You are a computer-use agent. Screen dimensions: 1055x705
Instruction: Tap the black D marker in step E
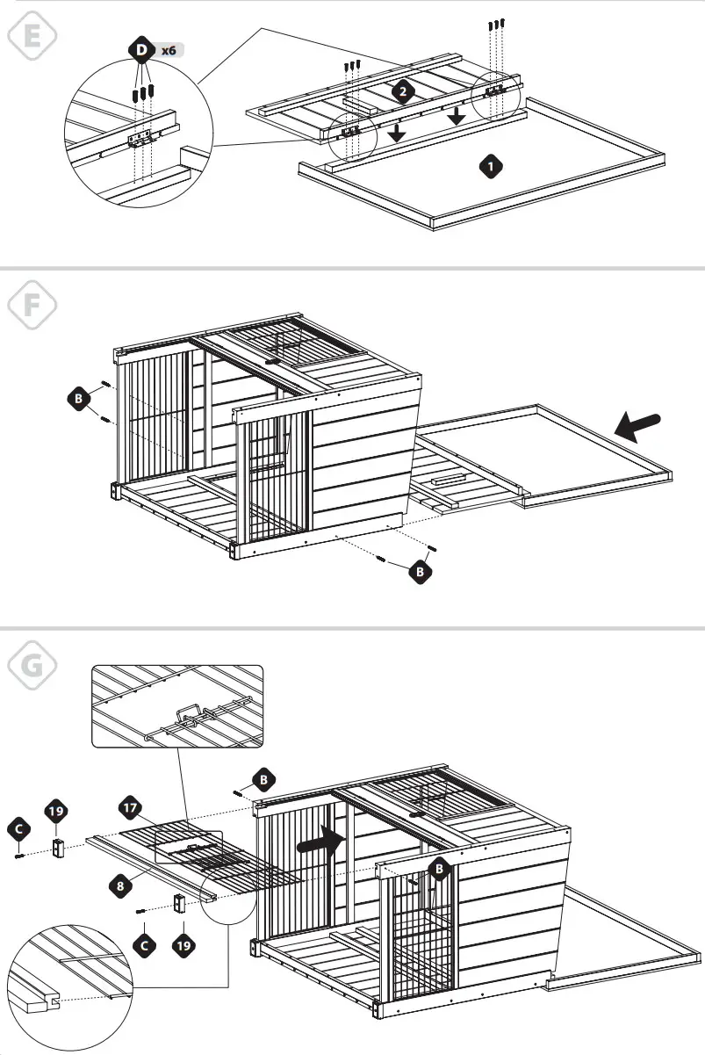pos(141,51)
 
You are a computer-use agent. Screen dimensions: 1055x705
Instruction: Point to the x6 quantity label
pos(169,51)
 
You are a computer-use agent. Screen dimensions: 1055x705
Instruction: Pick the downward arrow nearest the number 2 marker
pos(397,132)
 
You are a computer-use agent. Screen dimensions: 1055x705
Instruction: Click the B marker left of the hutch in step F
pos(77,398)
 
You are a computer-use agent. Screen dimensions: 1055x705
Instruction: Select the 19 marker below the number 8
pos(181,945)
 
